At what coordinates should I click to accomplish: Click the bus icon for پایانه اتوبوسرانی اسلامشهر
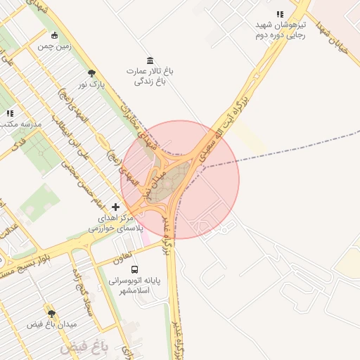coord(134,269)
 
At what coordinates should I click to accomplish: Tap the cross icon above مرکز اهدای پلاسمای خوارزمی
coord(116,207)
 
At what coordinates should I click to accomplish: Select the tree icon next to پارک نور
coord(91,73)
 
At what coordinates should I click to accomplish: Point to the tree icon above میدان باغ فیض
coord(51,314)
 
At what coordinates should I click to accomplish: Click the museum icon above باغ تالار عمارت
coord(149,60)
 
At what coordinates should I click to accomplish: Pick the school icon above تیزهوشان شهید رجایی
coord(280,14)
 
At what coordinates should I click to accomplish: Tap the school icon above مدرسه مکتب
coord(10,113)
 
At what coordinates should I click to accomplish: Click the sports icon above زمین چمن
coord(55,35)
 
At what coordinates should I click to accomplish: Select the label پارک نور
coord(91,84)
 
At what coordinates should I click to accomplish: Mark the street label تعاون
coord(121,258)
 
